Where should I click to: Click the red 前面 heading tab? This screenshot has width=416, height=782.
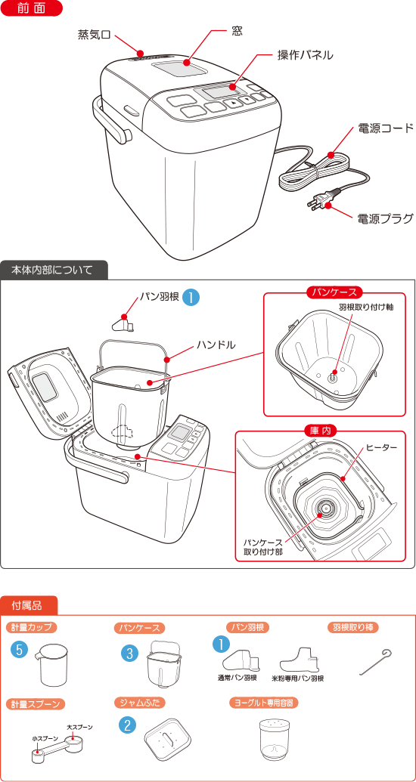pyautogui.click(x=31, y=9)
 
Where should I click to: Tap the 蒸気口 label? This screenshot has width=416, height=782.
pyautogui.click(x=94, y=35)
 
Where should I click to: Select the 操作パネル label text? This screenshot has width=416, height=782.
pyautogui.click(x=305, y=55)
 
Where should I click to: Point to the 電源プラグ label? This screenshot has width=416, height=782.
pyautogui.click(x=385, y=219)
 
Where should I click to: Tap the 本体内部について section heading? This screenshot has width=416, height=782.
pyautogui.click(x=53, y=270)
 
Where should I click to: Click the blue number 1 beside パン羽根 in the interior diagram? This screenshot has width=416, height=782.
pyautogui.click(x=192, y=297)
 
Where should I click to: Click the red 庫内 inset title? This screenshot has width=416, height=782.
pyautogui.click(x=321, y=431)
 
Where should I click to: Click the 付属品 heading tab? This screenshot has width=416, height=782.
pyautogui.click(x=31, y=605)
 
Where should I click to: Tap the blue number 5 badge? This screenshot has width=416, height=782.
pyautogui.click(x=20, y=649)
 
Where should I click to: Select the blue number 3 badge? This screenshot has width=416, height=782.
pyautogui.click(x=131, y=652)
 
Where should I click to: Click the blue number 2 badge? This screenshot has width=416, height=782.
pyautogui.click(x=128, y=725)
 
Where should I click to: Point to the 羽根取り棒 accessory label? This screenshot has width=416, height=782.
pyautogui.click(x=352, y=628)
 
